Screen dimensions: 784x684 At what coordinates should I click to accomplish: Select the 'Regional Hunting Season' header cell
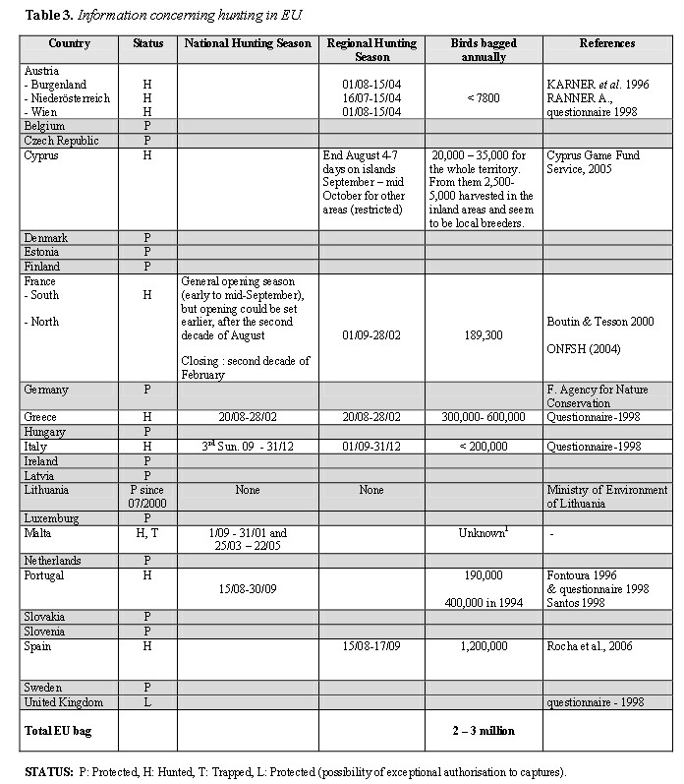pos(370,49)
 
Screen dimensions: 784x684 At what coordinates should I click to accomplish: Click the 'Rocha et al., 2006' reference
pos(592,646)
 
